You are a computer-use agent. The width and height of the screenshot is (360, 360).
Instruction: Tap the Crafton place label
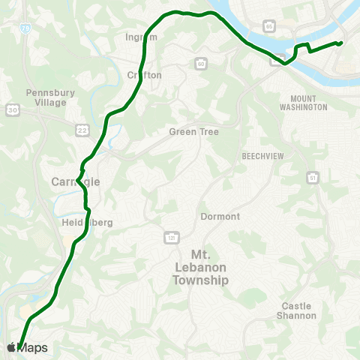pyautogui.click(x=145, y=75)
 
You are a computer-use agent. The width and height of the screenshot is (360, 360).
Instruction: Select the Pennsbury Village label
pyautogui.click(x=46, y=97)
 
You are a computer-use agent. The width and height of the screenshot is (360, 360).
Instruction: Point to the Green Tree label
pyautogui.click(x=193, y=132)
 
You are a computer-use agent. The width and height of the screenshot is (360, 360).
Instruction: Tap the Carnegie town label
pyautogui.click(x=75, y=181)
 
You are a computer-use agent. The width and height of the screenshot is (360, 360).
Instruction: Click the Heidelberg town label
pyautogui.click(x=77, y=223)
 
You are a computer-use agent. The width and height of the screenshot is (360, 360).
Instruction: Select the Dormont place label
pyautogui.click(x=220, y=217)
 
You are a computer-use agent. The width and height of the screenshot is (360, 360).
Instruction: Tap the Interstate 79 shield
pyautogui.click(x=27, y=28)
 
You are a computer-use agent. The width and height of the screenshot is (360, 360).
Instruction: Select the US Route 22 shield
pyautogui.click(x=82, y=130)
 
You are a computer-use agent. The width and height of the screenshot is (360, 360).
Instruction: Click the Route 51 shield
pyautogui.click(x=312, y=177)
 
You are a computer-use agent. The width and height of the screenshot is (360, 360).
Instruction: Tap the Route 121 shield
pyautogui.click(x=170, y=237)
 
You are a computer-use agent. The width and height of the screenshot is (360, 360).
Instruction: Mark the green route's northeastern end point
pyautogui.click(x=340, y=43)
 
